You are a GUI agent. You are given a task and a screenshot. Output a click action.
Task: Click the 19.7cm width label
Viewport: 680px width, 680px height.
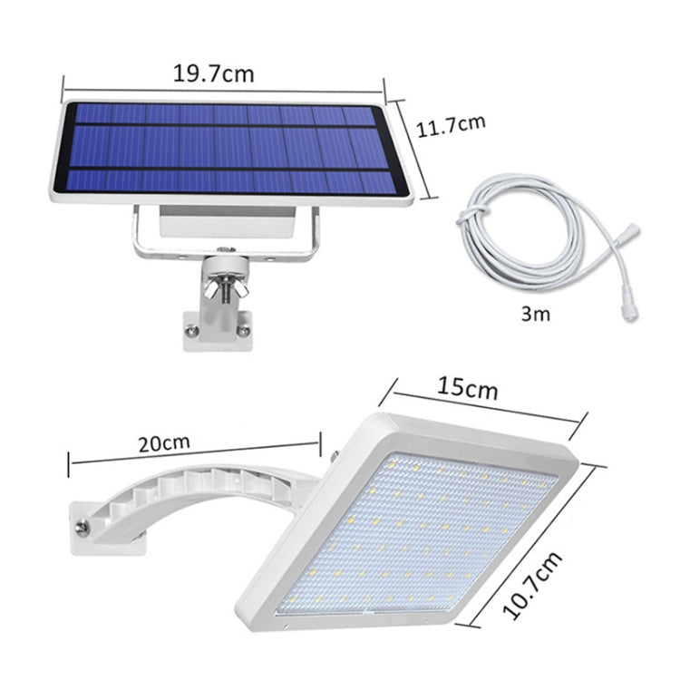click(x=214, y=73)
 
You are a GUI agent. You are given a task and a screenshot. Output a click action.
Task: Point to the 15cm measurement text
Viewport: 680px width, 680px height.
click(x=468, y=389)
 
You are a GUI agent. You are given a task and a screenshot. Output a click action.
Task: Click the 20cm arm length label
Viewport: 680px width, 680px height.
click(x=164, y=443)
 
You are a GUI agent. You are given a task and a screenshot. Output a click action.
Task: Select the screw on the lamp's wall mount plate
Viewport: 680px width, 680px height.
click(x=83, y=526)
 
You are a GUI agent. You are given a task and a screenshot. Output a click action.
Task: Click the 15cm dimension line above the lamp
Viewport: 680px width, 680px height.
click(x=479, y=403)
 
